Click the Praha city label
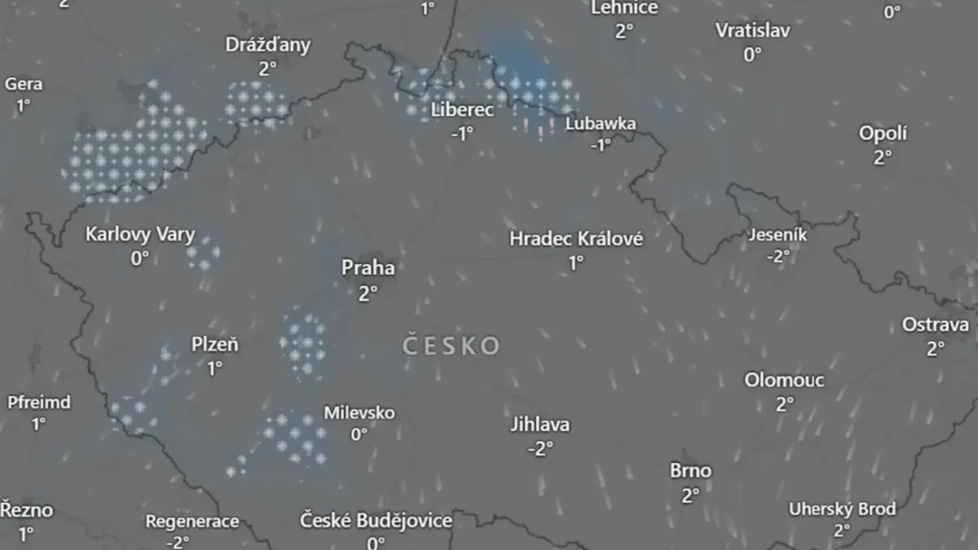point(368,268)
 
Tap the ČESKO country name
point(452,346)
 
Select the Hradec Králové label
point(576,239)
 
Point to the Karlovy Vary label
point(140,235)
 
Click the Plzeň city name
point(215,345)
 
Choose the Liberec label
point(462,110)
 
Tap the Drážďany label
point(268,45)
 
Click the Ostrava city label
point(936,325)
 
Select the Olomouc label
point(784,381)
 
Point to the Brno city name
point(690,471)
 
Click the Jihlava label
point(540,425)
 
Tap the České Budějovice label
point(376,521)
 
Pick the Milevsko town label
point(359,413)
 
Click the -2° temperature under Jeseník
point(778,256)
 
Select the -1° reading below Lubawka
point(601,145)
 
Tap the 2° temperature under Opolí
point(883,157)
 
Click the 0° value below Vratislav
point(751,54)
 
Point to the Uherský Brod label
point(842,509)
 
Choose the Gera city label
point(24,84)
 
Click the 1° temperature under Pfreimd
point(38,424)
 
